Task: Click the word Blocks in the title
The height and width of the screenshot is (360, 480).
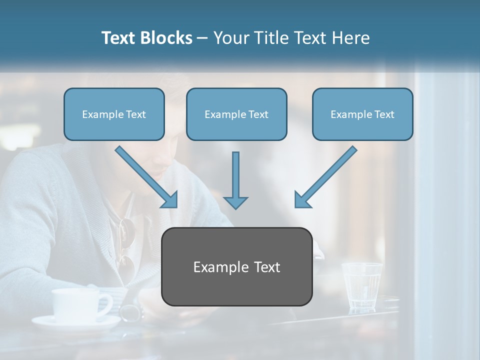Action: point(166,38)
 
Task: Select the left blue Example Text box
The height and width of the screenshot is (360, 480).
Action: point(114,114)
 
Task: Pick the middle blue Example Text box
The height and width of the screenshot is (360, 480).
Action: point(236,114)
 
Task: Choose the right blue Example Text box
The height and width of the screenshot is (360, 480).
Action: point(362,114)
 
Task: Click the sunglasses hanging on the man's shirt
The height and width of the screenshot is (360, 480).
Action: point(127,245)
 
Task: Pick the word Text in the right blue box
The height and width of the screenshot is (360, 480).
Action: point(383,114)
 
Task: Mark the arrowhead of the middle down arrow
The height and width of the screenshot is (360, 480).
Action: point(235,202)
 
